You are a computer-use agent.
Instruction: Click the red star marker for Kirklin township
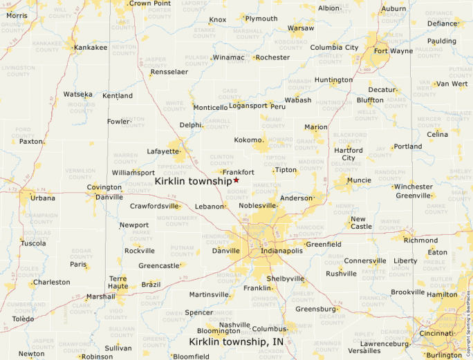(236, 180)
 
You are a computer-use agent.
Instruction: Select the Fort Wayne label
(393, 50)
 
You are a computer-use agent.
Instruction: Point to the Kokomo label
(248, 140)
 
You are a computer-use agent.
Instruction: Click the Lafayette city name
(163, 151)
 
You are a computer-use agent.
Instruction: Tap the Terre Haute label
(118, 282)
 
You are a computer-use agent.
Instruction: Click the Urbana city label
(43, 198)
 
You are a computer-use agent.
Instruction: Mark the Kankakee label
(91, 48)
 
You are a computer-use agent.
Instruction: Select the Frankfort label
(238, 172)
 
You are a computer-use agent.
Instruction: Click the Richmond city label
(420, 240)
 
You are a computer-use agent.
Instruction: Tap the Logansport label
(248, 106)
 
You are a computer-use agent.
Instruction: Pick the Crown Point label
(150, 3)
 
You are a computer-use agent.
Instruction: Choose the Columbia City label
(334, 48)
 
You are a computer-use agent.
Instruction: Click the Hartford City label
(349, 154)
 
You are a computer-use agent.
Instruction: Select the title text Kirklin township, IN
(236, 342)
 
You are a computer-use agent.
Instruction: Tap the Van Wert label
(452, 84)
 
